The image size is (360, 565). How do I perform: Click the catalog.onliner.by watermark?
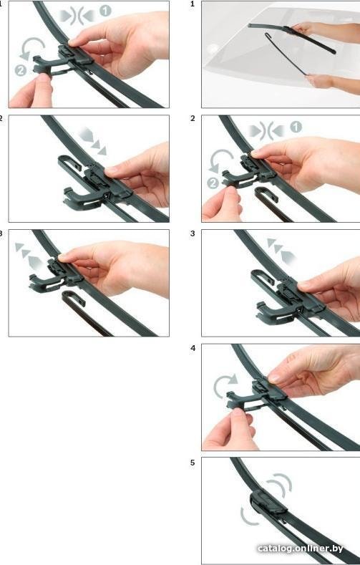301,549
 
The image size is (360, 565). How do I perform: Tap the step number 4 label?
193,348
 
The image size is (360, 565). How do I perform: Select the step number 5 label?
193,463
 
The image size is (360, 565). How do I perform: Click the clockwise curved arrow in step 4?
225,384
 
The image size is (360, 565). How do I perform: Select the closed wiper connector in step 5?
268,503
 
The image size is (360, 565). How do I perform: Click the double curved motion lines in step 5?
279,485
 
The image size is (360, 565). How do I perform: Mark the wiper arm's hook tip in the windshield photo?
267,34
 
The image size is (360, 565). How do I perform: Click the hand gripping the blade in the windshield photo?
303,29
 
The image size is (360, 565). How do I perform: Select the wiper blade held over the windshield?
291,38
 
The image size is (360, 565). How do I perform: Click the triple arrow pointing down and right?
92,141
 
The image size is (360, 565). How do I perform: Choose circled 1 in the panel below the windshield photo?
296,127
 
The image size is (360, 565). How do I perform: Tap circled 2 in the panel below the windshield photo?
213,183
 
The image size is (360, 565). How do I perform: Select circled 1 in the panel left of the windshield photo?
105,11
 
